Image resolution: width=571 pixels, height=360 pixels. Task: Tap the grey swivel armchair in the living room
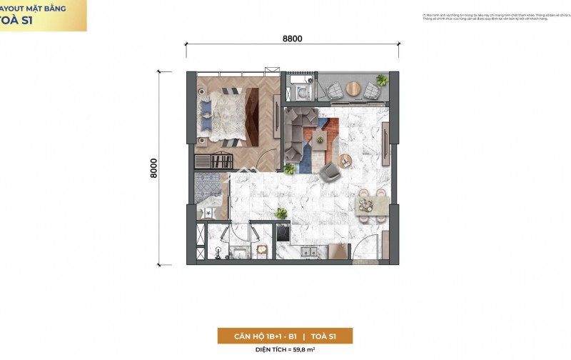331,171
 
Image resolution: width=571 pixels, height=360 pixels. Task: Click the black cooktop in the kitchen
282,234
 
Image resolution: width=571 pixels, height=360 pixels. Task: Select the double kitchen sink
310,251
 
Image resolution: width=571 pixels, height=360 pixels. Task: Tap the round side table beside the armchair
349,162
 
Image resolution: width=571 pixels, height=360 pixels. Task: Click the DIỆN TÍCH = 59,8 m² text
285,350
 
